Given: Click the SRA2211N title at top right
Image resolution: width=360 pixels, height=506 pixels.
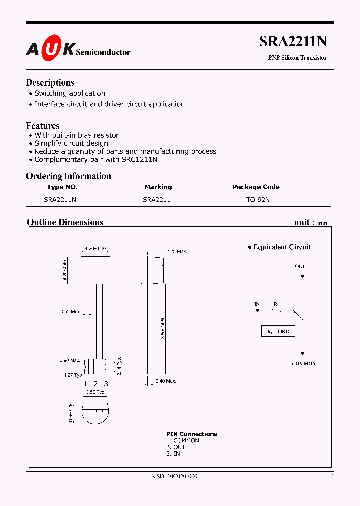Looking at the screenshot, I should [293, 42].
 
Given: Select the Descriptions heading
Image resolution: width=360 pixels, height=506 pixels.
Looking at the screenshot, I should [50, 83].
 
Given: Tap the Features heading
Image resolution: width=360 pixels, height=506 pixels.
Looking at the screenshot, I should [43, 126].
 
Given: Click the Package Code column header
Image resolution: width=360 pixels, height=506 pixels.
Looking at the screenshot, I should [256, 187].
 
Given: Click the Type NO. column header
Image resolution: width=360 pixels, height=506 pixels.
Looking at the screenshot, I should [62, 187].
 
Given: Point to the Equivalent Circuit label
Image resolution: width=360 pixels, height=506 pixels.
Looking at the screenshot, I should [282, 247].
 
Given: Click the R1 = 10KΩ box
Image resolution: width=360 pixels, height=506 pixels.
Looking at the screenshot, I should [278, 331].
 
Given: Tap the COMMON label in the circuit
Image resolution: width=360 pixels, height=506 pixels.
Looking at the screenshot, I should [304, 364].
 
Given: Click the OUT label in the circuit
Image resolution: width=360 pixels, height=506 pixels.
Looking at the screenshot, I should [300, 267].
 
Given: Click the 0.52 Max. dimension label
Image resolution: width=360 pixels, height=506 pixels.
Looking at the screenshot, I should [71, 312].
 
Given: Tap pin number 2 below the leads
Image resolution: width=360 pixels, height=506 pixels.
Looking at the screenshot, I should [96, 384].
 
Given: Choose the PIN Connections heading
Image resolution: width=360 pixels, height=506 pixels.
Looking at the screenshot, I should [192, 434].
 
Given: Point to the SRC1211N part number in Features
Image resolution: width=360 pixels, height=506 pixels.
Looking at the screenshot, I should [139, 160].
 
